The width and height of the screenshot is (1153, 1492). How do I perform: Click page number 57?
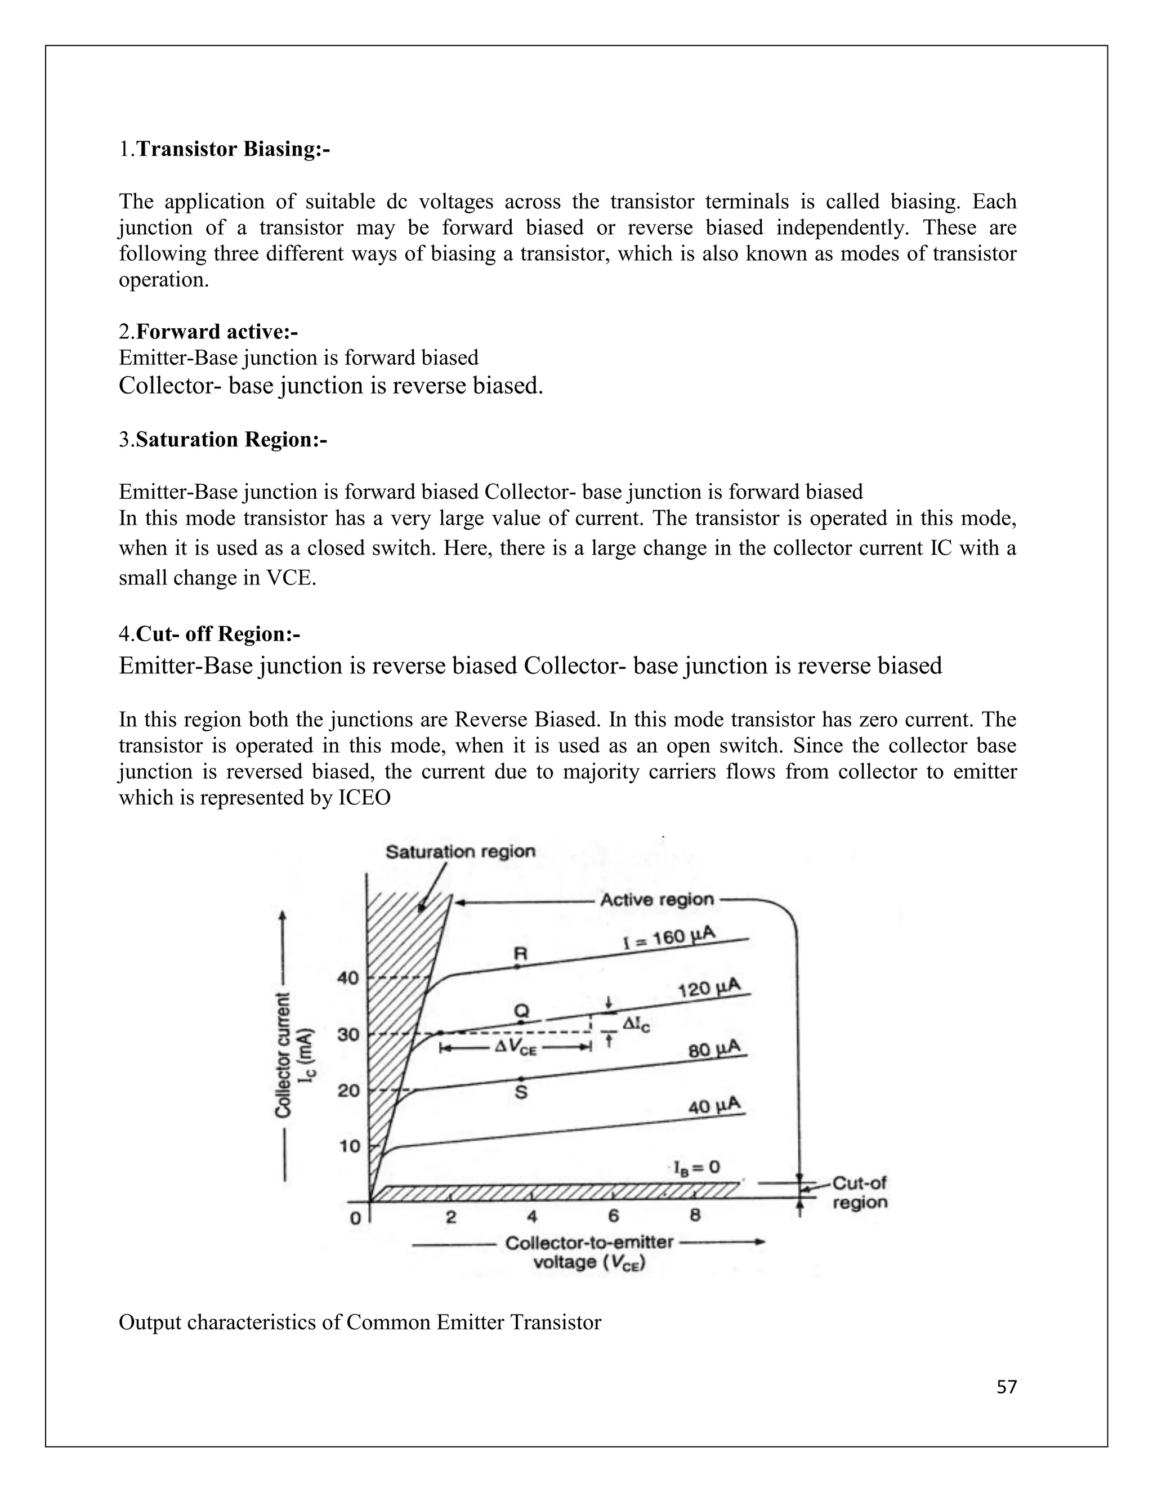pyautogui.click(x=1006, y=1387)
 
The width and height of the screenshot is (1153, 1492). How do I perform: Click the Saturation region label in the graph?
pyautogui.click(x=461, y=852)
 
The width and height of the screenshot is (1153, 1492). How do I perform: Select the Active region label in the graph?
pyautogui.click(x=656, y=900)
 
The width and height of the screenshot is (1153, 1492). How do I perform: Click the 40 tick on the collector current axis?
pyautogui.click(x=348, y=979)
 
